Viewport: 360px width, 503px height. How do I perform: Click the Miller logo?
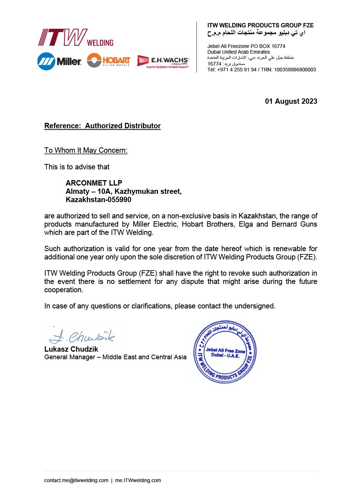click(59, 61)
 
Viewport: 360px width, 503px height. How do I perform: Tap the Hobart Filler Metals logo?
click(108, 60)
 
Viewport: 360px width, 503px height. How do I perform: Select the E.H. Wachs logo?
click(163, 61)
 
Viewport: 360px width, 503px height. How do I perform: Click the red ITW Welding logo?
click(76, 37)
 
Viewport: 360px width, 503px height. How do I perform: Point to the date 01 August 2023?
click(291, 101)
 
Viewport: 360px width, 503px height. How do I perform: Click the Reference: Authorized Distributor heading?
click(102, 126)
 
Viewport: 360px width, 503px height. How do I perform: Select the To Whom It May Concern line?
click(86, 150)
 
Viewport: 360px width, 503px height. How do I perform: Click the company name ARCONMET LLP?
click(94, 183)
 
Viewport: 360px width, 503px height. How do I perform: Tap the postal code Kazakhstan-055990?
click(98, 200)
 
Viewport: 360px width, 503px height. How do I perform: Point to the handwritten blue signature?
click(82, 336)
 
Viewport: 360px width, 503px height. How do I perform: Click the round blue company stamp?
click(225, 352)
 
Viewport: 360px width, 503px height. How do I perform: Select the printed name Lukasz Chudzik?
click(71, 349)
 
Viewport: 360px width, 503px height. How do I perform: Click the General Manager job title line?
click(115, 357)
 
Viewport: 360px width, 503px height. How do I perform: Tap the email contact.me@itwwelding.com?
click(76, 480)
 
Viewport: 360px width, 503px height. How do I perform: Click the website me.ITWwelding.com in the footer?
click(138, 480)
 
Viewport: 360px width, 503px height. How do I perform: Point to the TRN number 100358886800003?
click(295, 70)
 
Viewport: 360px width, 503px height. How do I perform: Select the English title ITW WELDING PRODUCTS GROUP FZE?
click(260, 25)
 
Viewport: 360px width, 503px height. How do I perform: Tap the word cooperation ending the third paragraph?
click(63, 290)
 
